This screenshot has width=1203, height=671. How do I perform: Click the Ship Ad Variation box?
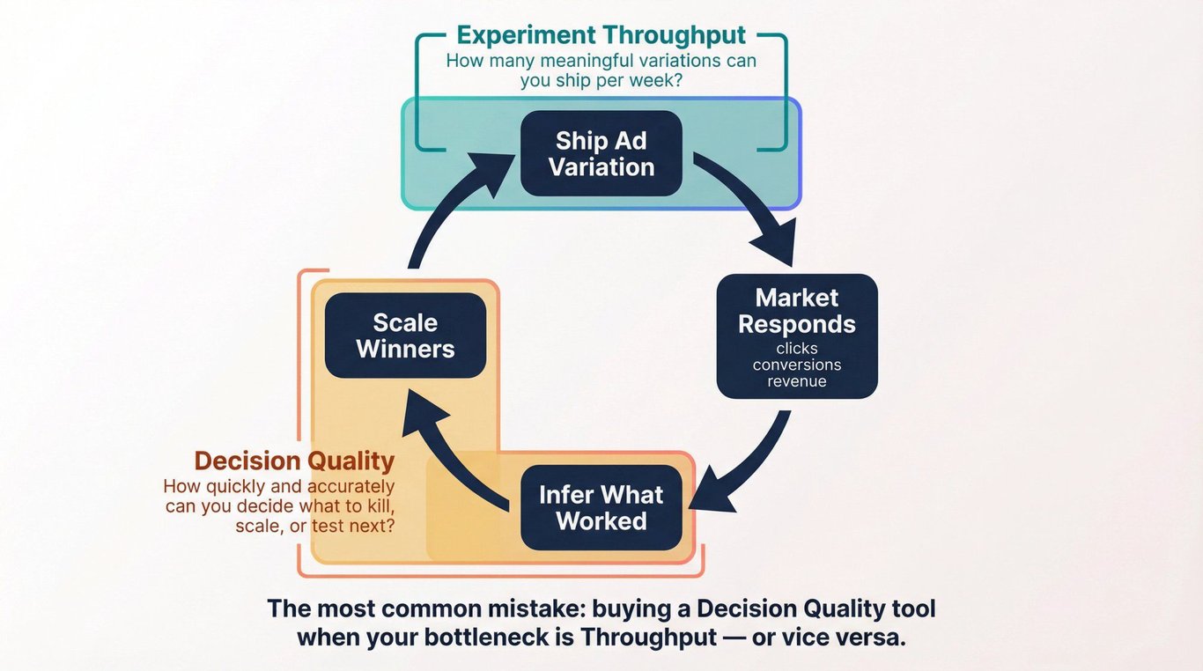(601, 153)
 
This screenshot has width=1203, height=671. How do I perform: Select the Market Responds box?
(797, 336)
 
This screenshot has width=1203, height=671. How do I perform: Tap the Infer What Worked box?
(601, 507)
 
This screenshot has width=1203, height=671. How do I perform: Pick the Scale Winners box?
(405, 335)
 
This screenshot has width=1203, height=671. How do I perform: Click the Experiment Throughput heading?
(601, 35)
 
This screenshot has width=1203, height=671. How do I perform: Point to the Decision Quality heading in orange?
(294, 461)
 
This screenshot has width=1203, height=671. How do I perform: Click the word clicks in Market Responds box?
(797, 349)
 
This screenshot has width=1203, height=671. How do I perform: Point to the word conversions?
(797, 365)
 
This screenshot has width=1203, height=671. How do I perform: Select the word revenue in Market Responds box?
(797, 381)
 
